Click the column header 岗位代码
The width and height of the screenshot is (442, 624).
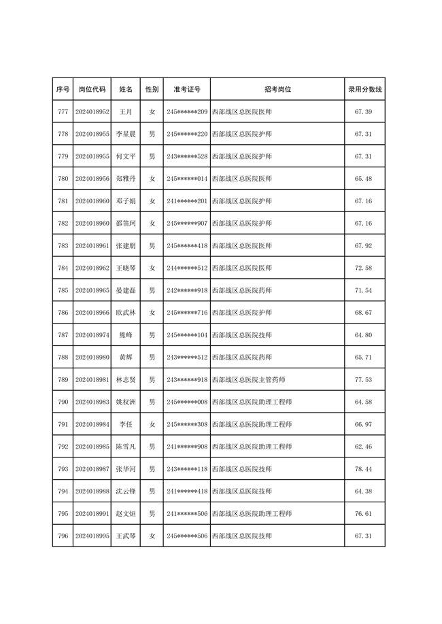click(x=92, y=89)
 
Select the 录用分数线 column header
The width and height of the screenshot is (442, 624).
click(x=365, y=89)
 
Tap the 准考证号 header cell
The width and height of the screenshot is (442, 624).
click(x=187, y=89)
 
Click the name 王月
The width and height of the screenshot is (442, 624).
click(x=126, y=111)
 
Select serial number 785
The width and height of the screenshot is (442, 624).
click(x=63, y=290)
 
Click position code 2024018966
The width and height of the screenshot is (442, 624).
click(x=92, y=313)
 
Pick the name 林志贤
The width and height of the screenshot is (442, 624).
click(x=126, y=379)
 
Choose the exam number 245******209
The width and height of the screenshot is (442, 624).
click(x=187, y=111)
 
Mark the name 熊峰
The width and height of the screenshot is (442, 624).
click(x=126, y=335)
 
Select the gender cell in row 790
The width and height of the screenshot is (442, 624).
click(x=152, y=402)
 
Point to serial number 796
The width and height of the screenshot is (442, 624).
click(x=63, y=536)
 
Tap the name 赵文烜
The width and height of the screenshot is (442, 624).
click(x=126, y=514)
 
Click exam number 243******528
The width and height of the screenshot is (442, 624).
click(x=187, y=156)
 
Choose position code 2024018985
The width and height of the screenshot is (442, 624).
click(x=92, y=447)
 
